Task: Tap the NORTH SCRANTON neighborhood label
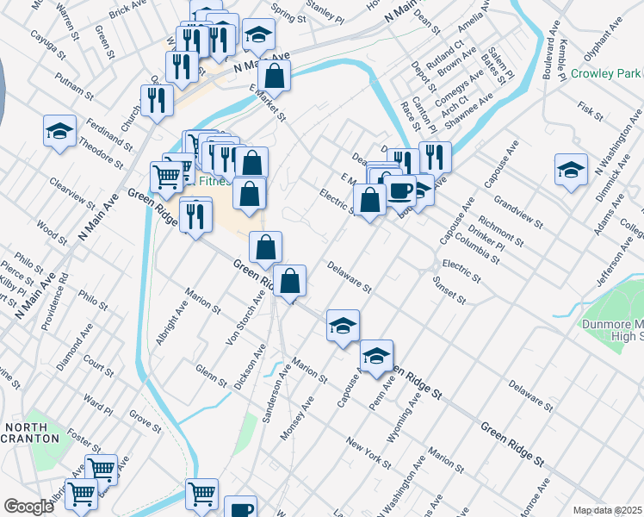point(32,433)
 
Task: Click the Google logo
point(28,506)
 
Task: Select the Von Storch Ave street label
point(245,317)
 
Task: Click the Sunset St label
point(449,291)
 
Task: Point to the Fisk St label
point(590,111)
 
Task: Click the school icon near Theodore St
point(59,131)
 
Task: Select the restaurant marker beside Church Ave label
point(156,100)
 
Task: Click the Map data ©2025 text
point(608,510)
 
